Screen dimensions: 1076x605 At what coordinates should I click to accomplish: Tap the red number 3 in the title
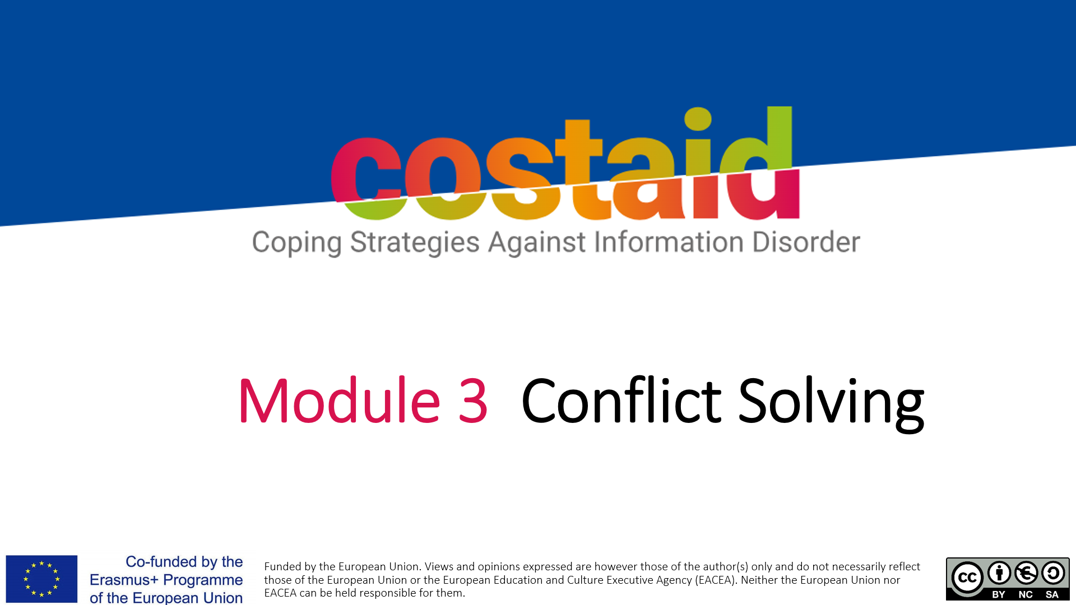(473, 401)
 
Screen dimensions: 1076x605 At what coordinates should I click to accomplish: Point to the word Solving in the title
(831, 403)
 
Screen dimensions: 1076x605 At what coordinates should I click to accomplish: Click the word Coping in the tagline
(296, 243)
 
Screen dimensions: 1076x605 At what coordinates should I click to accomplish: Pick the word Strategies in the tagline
(415, 243)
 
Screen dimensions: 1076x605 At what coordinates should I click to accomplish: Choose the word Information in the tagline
(669, 241)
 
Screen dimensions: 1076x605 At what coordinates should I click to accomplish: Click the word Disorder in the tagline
(806, 241)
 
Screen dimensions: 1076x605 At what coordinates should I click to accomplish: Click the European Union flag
(41, 579)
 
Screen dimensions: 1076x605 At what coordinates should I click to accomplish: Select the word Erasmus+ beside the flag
(124, 580)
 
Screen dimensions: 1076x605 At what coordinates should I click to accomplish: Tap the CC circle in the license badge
(967, 578)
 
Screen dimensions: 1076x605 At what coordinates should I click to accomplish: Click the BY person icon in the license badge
(999, 573)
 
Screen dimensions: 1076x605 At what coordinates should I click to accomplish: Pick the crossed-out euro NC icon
(1026, 573)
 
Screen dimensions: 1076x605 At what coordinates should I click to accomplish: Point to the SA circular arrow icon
(1053, 573)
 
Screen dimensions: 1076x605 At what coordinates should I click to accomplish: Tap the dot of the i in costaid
(698, 118)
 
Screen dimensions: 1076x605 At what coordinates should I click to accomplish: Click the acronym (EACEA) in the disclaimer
(715, 580)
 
